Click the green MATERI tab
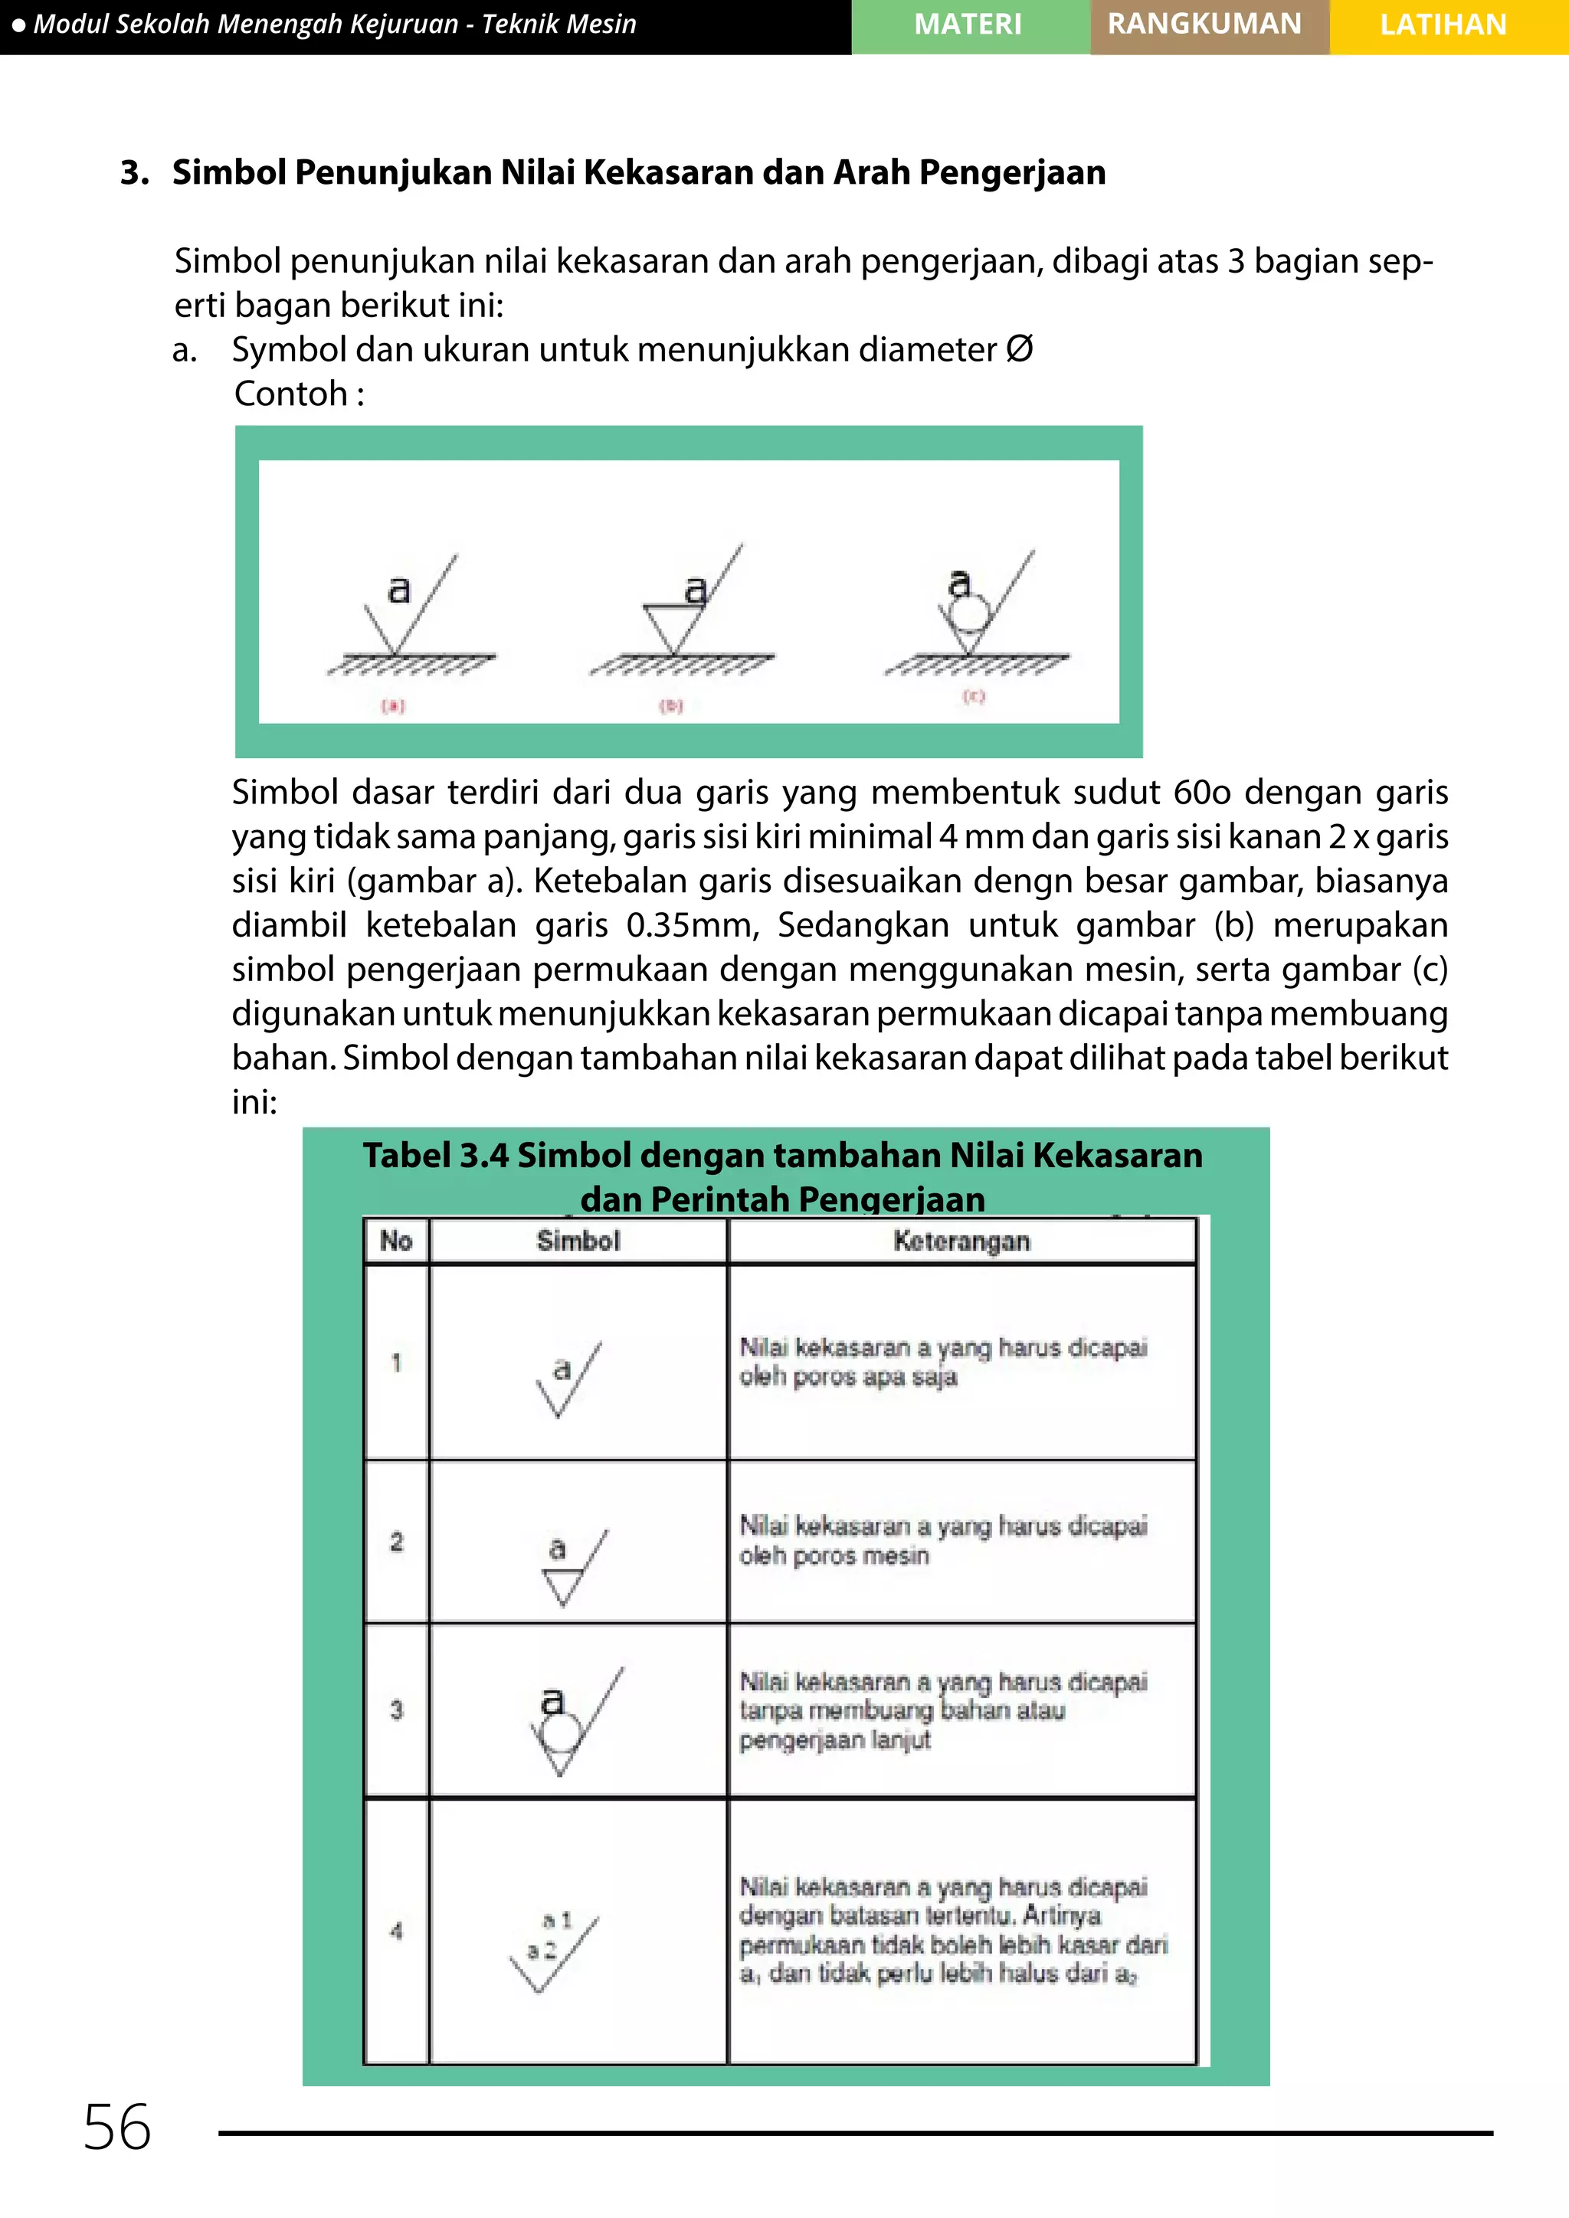click(969, 25)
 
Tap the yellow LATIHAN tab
click(1443, 25)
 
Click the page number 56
click(117, 2126)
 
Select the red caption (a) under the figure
click(392, 706)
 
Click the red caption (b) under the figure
click(670, 706)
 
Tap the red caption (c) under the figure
click(973, 695)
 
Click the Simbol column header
click(578, 1241)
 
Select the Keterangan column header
click(961, 1241)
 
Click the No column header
click(396, 1241)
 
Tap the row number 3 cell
click(396, 1710)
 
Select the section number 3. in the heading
click(134, 173)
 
